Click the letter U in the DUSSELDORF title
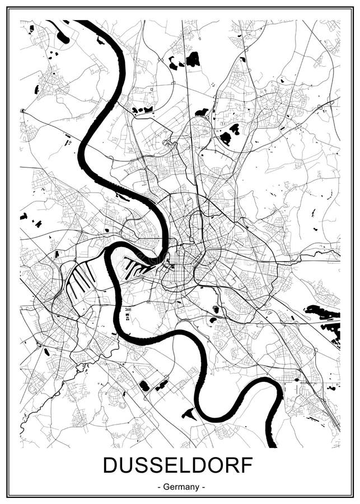tap(127, 466)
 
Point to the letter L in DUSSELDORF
tap(184, 466)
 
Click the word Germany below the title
tap(180, 487)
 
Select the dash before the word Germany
tap(160, 487)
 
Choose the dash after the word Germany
tap(203, 487)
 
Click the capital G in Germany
tap(167, 487)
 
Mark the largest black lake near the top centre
tap(193, 59)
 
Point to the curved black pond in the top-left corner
tap(63, 38)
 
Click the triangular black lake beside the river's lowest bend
tap(188, 414)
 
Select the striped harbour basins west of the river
tap(78, 280)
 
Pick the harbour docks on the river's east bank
tap(138, 267)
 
